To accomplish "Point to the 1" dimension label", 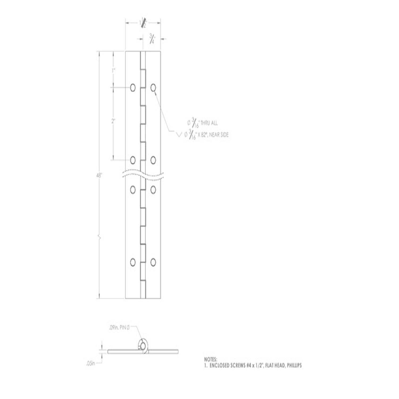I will pos(113,71).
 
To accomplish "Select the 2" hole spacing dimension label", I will pos(113,121).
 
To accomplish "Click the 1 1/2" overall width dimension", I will pos(143,23).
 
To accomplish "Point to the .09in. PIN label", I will pos(119,329).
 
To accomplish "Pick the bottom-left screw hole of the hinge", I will pos(133,262).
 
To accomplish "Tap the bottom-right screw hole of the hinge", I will pos(153,262).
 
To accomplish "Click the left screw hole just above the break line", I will pos(133,160).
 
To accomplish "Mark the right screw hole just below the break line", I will pos(153,189).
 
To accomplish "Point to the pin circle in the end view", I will pos(143,346).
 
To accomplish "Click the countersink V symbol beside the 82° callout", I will pos(179,135).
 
